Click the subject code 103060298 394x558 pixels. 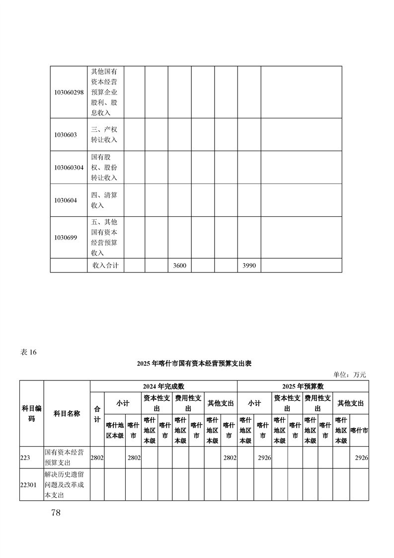(x=69, y=92)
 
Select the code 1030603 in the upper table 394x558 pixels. (x=66, y=135)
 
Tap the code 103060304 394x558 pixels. (x=69, y=168)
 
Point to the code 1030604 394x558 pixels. (x=66, y=200)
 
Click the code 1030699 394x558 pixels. (x=66, y=237)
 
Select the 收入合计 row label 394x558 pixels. (x=105, y=266)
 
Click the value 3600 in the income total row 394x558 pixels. (x=179, y=266)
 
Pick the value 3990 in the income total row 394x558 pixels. (x=249, y=266)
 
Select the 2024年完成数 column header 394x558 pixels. (x=163, y=386)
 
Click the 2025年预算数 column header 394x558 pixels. (x=303, y=386)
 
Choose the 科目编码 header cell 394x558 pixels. (x=32, y=413)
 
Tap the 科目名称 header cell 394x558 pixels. (x=67, y=413)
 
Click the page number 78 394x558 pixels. (x=56, y=513)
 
